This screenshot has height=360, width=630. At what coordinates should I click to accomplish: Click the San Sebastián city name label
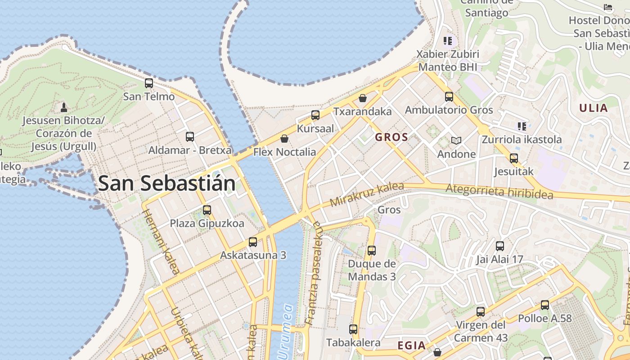pyautogui.click(x=166, y=184)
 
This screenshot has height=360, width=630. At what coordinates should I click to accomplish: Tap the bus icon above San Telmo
pyautogui.click(x=149, y=83)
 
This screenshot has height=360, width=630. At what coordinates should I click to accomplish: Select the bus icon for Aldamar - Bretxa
pyautogui.click(x=190, y=137)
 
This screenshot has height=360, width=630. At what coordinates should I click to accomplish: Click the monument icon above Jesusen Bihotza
pyautogui.click(x=64, y=108)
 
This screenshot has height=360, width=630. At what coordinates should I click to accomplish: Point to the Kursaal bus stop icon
pyautogui.click(x=315, y=115)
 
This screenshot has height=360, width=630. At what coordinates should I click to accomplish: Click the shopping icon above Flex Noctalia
pyautogui.click(x=284, y=139)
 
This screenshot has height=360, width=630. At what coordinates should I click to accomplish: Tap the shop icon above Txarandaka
pyautogui.click(x=363, y=98)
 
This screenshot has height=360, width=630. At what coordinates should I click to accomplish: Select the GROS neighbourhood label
pyautogui.click(x=391, y=137)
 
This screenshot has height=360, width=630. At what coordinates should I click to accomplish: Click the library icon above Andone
pyautogui.click(x=456, y=141)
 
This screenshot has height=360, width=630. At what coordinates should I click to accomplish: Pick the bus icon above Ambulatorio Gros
pyautogui.click(x=449, y=97)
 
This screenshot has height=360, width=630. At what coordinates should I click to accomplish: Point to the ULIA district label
pyautogui.click(x=594, y=108)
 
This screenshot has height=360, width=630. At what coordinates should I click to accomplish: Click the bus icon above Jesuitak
pyautogui.click(x=514, y=158)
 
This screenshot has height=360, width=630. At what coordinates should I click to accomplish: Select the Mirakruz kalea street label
pyautogui.click(x=367, y=194)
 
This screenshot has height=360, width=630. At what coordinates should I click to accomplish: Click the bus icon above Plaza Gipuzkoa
pyautogui.click(x=207, y=210)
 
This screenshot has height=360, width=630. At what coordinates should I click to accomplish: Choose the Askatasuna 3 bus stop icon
pyautogui.click(x=253, y=242)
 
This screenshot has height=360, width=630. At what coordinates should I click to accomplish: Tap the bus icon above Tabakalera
pyautogui.click(x=353, y=329)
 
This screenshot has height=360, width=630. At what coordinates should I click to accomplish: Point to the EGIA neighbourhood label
pyautogui.click(x=411, y=346)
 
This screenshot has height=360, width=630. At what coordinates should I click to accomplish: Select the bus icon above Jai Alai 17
pyautogui.click(x=499, y=246)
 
